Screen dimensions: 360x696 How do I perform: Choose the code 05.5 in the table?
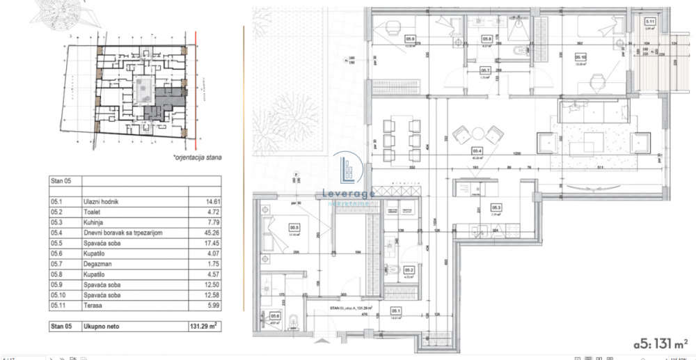[x=57, y=243]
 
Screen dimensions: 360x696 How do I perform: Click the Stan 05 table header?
[x=61, y=180]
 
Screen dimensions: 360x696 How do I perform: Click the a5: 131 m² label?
[x=661, y=343]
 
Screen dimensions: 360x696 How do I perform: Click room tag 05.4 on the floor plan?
[x=478, y=150]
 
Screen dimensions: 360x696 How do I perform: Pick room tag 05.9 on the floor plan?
[x=411, y=39]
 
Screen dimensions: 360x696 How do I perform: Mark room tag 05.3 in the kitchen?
[x=497, y=207]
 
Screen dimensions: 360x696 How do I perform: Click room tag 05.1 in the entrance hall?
[x=395, y=311]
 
